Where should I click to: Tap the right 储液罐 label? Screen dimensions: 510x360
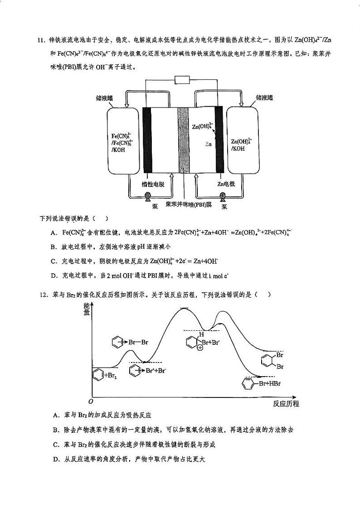264,97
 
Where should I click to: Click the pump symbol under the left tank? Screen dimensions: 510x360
148,196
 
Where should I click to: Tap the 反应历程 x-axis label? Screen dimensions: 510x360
286,404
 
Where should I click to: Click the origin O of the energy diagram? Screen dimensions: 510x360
91,402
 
